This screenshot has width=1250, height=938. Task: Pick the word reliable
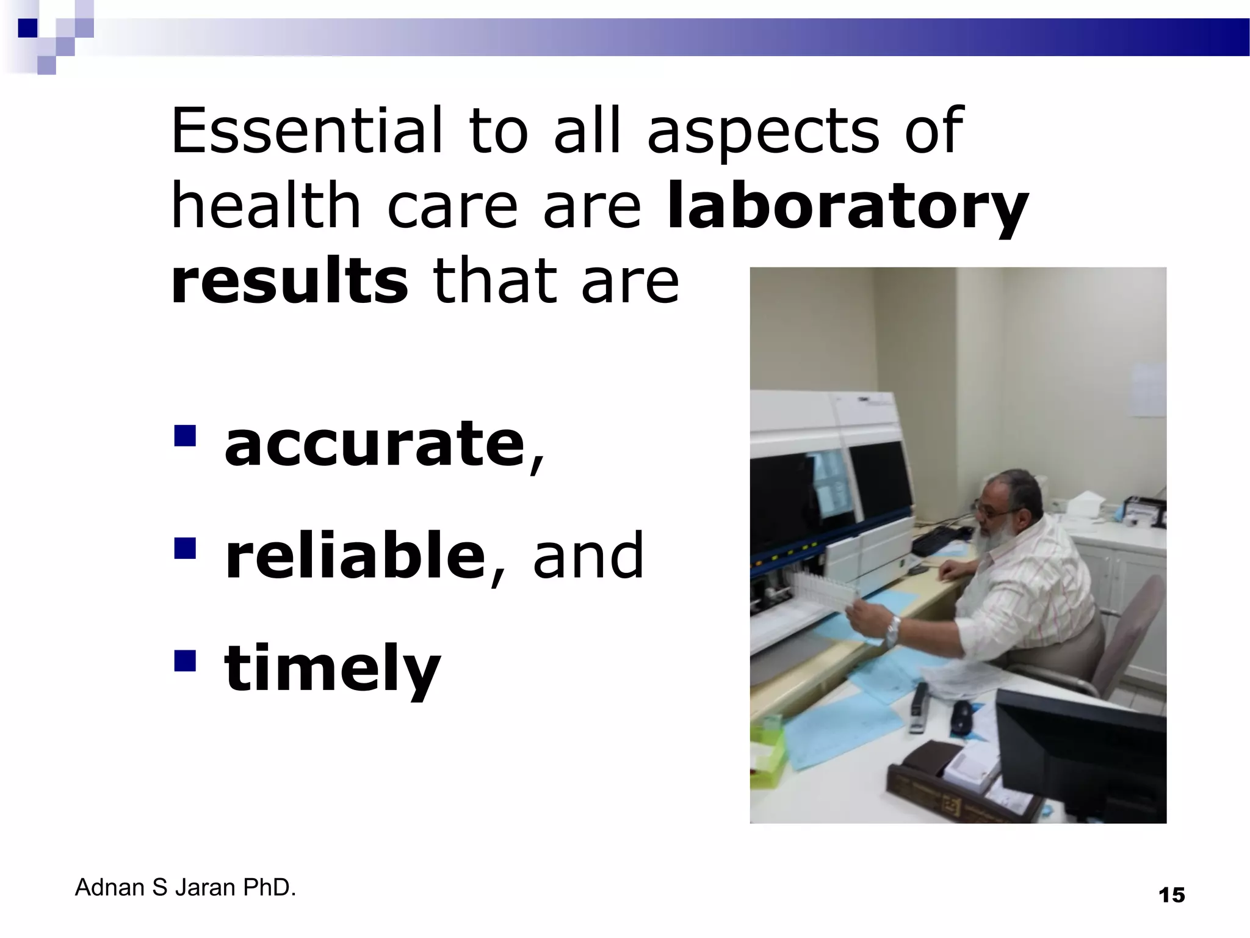coord(355,555)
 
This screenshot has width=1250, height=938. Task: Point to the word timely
coord(332,668)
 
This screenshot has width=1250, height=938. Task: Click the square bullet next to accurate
coord(184,436)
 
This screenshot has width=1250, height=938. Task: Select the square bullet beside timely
coord(184,660)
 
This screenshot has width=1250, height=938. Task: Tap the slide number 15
coord(1171,895)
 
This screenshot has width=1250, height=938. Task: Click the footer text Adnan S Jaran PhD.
coord(185,887)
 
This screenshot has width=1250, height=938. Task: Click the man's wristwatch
coord(892,630)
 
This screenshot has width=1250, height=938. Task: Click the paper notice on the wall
coord(1147,391)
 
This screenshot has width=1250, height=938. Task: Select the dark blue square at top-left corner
coord(27,28)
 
